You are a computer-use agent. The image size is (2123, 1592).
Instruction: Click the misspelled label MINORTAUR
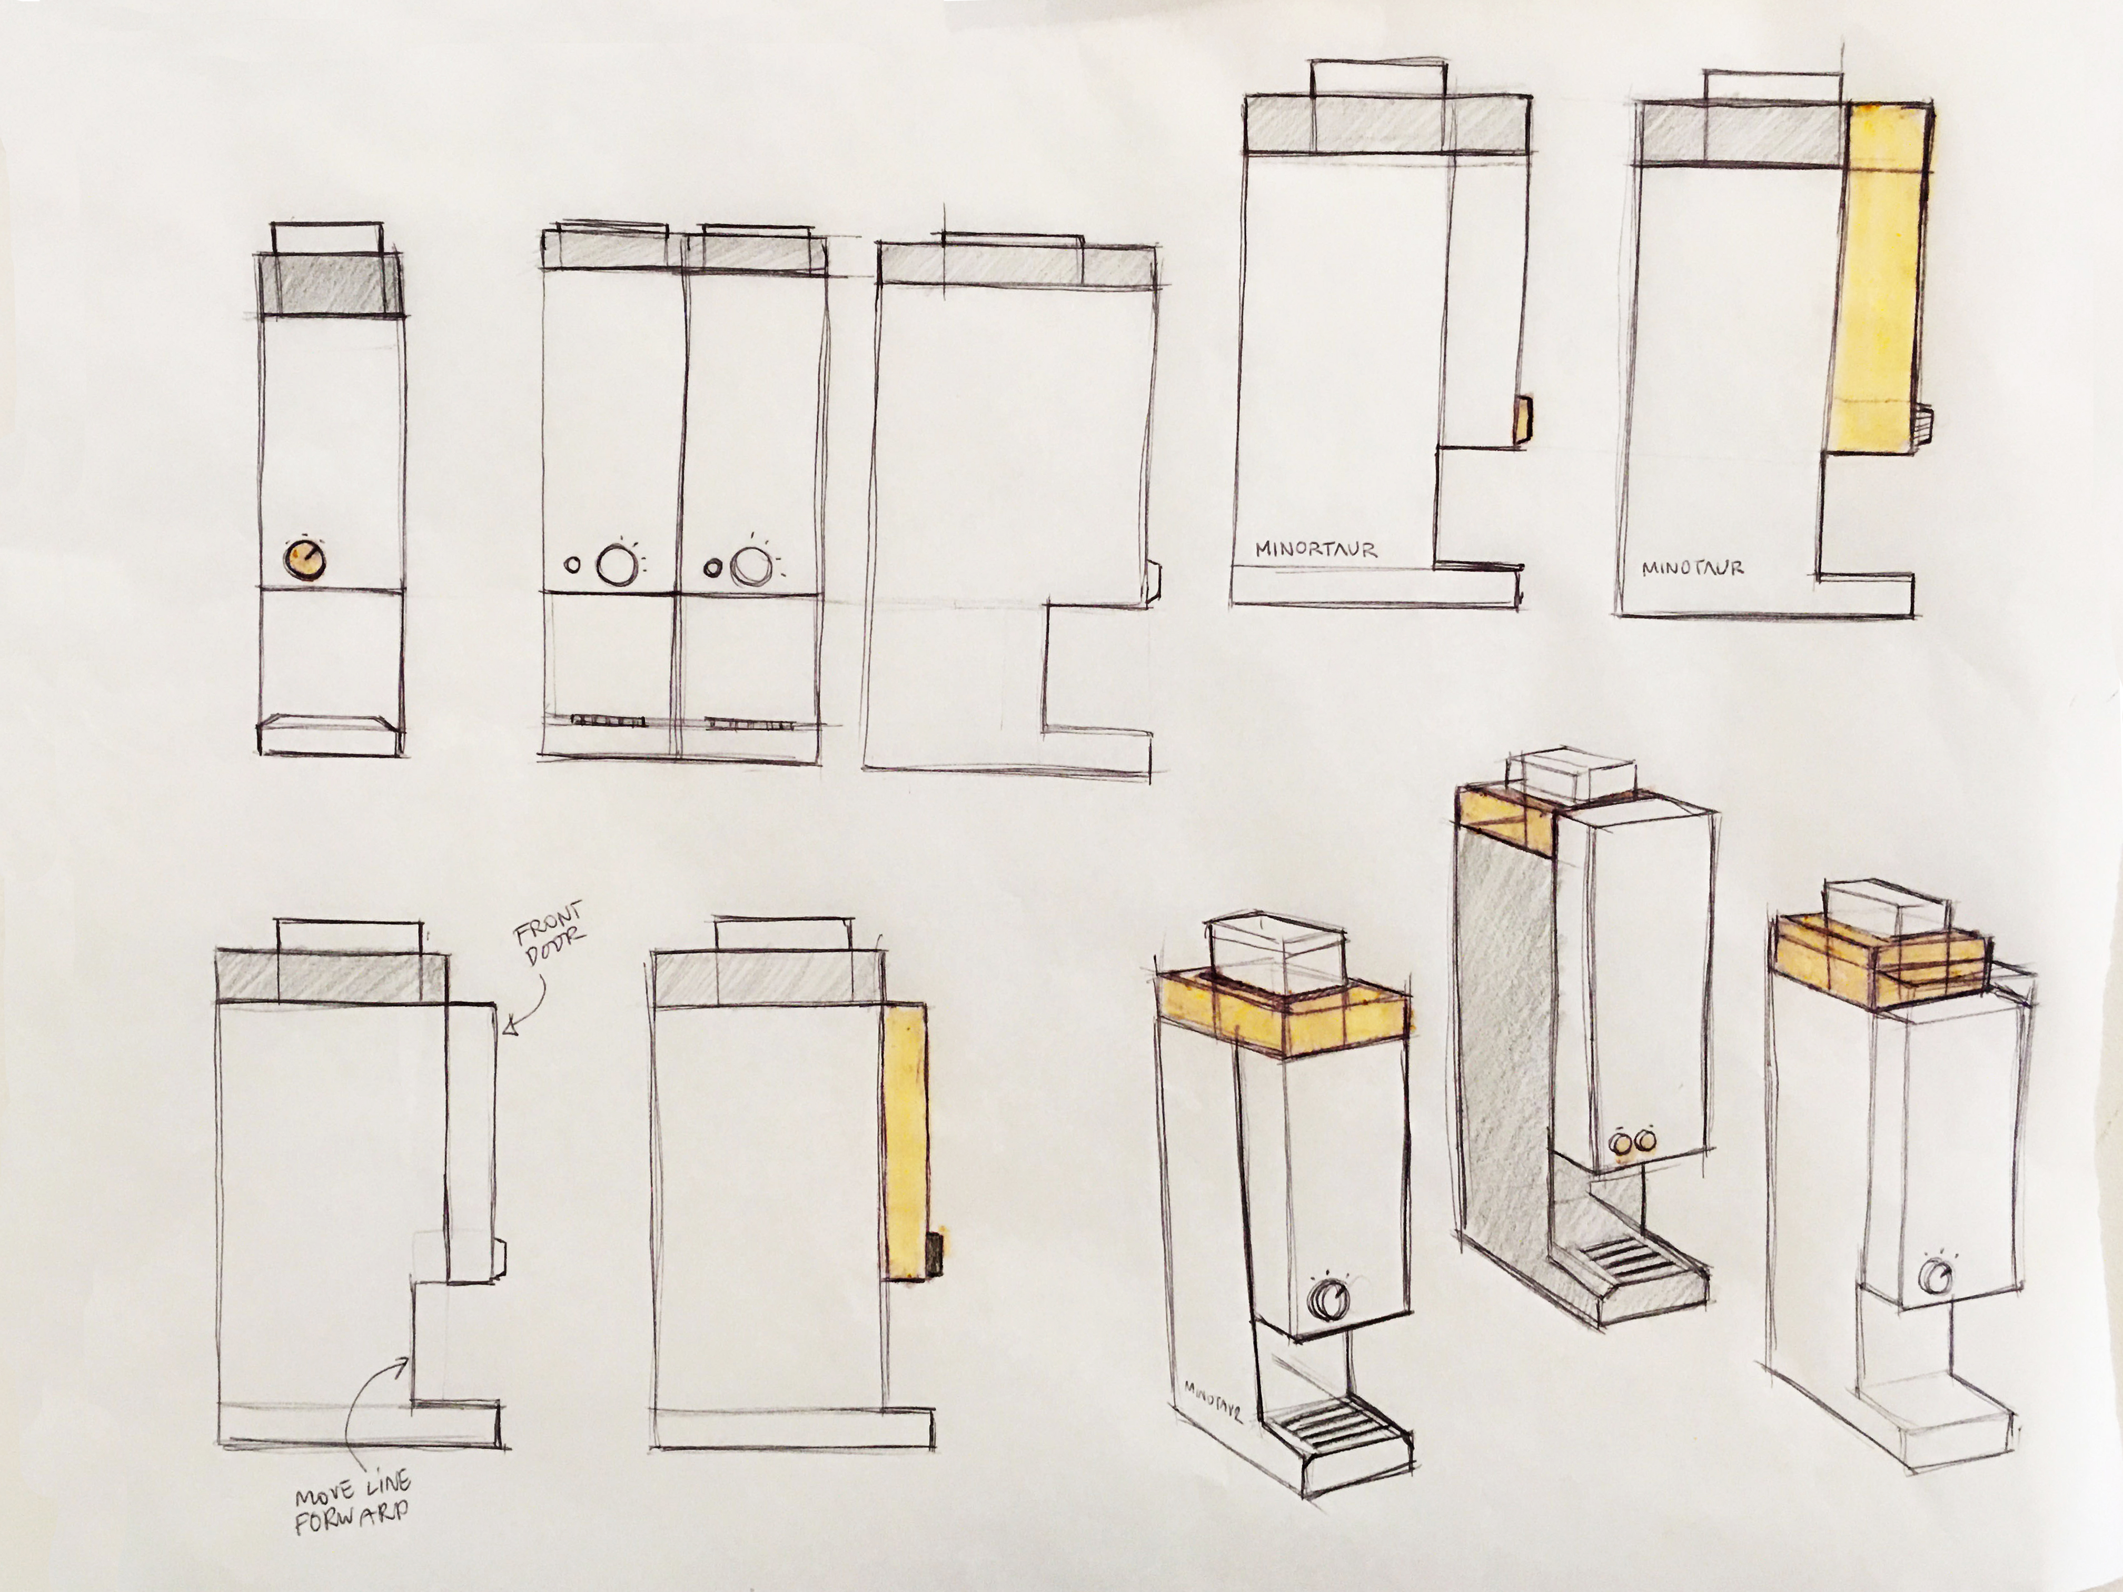[x=1316, y=550]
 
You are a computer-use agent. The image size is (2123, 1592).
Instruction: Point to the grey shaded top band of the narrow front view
[x=332, y=284]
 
